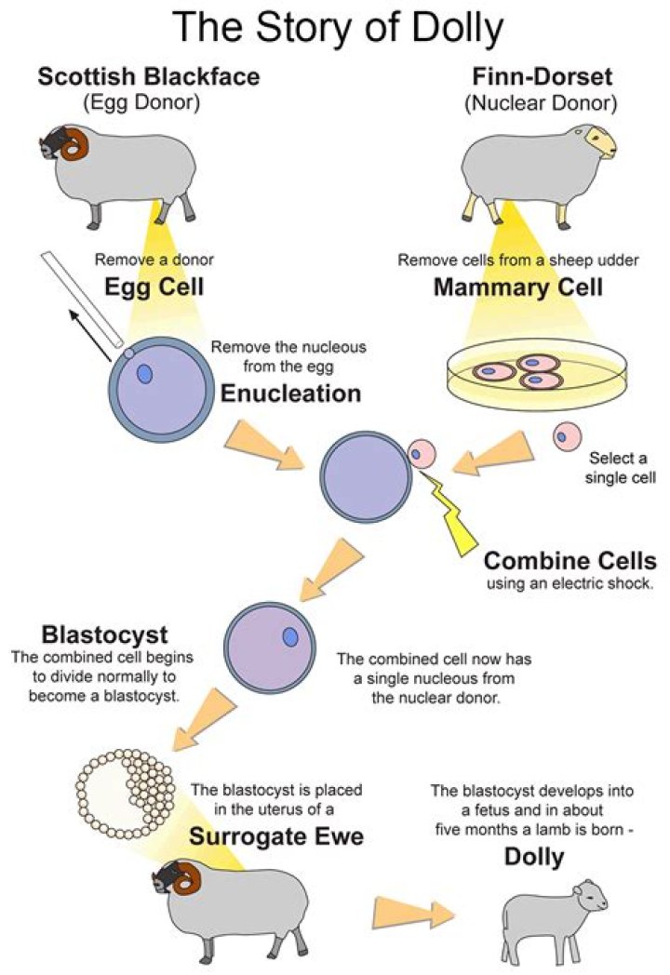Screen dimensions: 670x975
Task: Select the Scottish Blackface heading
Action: (x=149, y=76)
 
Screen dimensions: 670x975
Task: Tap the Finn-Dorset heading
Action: (x=542, y=76)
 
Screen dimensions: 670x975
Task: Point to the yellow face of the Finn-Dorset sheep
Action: (x=601, y=141)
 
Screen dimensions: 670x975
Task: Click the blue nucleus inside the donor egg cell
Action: (x=144, y=374)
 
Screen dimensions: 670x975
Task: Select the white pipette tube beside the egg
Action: (x=82, y=299)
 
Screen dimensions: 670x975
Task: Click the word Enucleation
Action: (x=290, y=394)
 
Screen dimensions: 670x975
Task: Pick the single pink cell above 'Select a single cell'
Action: (x=567, y=436)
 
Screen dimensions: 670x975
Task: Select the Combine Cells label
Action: (x=569, y=561)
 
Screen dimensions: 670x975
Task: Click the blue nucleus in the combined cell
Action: (x=290, y=636)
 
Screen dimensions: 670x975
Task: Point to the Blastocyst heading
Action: (x=104, y=634)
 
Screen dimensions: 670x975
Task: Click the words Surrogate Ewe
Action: (x=276, y=836)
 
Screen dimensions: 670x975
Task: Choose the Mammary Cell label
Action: (x=518, y=287)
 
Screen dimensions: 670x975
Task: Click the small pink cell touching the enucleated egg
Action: (x=422, y=453)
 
